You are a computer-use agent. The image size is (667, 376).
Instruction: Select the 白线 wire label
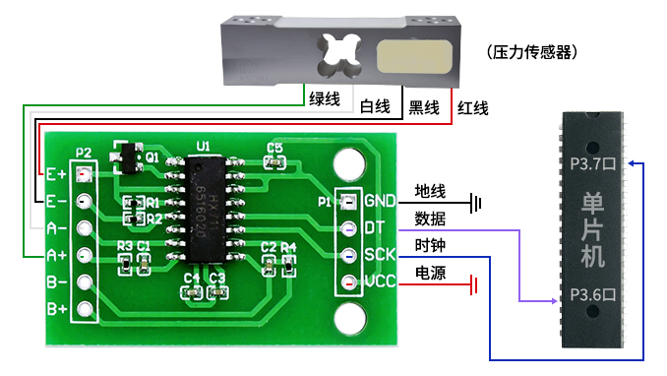point(375,106)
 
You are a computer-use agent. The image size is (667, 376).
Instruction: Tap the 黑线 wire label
point(423,106)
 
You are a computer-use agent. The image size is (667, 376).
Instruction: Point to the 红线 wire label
point(473,106)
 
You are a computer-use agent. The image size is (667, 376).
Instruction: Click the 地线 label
point(430,191)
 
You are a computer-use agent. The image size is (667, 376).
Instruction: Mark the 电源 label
point(430,273)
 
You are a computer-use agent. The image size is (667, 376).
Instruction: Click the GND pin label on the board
point(380,202)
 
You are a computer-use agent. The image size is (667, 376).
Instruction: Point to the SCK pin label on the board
point(380,255)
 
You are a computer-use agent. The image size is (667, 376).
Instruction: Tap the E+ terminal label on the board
point(56,175)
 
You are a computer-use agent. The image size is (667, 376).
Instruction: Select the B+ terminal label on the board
point(56,309)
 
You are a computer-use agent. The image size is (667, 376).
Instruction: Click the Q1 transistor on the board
point(127,155)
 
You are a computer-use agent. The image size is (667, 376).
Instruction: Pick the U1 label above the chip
point(203,146)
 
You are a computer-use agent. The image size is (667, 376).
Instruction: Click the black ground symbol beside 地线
point(478,204)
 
